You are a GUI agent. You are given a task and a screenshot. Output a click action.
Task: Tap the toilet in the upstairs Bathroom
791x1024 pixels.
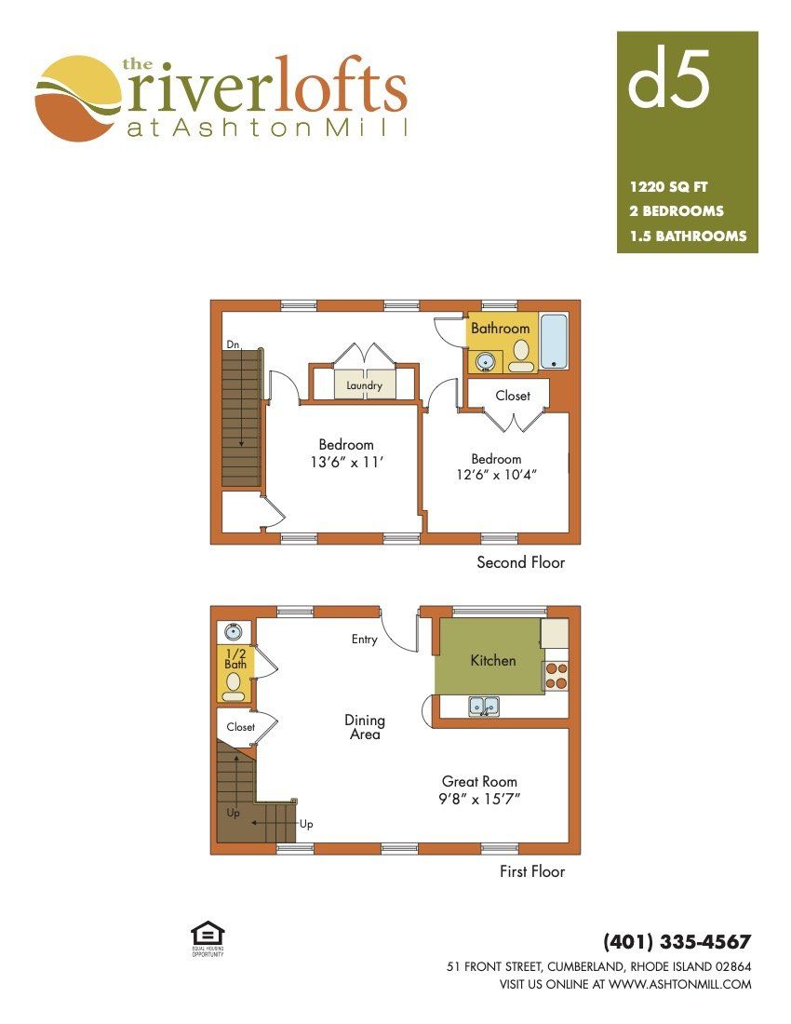[x=521, y=356]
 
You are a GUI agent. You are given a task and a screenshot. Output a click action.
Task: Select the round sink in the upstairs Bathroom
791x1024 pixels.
[x=485, y=361]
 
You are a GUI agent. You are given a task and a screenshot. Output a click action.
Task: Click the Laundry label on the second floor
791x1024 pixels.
[x=364, y=385]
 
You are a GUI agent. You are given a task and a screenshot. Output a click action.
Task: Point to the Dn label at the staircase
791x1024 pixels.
[x=233, y=344]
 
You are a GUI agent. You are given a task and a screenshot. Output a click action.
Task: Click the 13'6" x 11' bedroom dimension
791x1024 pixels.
[x=346, y=463]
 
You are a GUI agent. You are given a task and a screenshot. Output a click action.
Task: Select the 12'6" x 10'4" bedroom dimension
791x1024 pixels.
[x=496, y=475]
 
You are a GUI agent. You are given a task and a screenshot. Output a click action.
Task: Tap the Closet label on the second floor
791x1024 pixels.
[x=513, y=396]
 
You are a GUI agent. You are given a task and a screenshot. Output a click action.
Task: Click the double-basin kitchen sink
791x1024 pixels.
[x=484, y=706]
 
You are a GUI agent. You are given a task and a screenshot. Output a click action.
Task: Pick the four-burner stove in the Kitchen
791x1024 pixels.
[x=556, y=676]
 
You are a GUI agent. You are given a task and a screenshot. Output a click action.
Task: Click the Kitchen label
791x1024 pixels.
[x=492, y=660]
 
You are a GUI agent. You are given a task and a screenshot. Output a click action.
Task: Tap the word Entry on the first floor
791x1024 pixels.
[x=364, y=640]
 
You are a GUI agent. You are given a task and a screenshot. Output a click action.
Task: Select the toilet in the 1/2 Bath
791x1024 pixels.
[x=233, y=687]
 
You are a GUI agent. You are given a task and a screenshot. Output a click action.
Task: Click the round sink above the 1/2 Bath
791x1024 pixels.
[x=233, y=631]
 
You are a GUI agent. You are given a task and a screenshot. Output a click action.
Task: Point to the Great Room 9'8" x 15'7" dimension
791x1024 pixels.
[x=479, y=798]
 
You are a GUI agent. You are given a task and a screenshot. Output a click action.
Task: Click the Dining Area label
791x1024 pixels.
[x=365, y=727]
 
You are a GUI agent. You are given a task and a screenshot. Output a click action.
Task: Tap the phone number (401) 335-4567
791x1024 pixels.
[x=677, y=942]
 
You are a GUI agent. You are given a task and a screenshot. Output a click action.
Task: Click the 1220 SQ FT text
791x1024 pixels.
[x=668, y=187]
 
